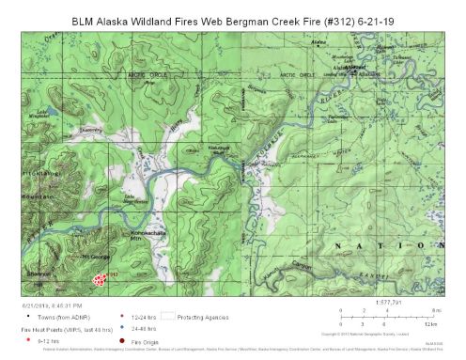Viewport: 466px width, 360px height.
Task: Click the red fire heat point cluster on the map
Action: [99, 278]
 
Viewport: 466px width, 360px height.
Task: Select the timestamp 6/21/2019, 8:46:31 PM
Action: [54, 306]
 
